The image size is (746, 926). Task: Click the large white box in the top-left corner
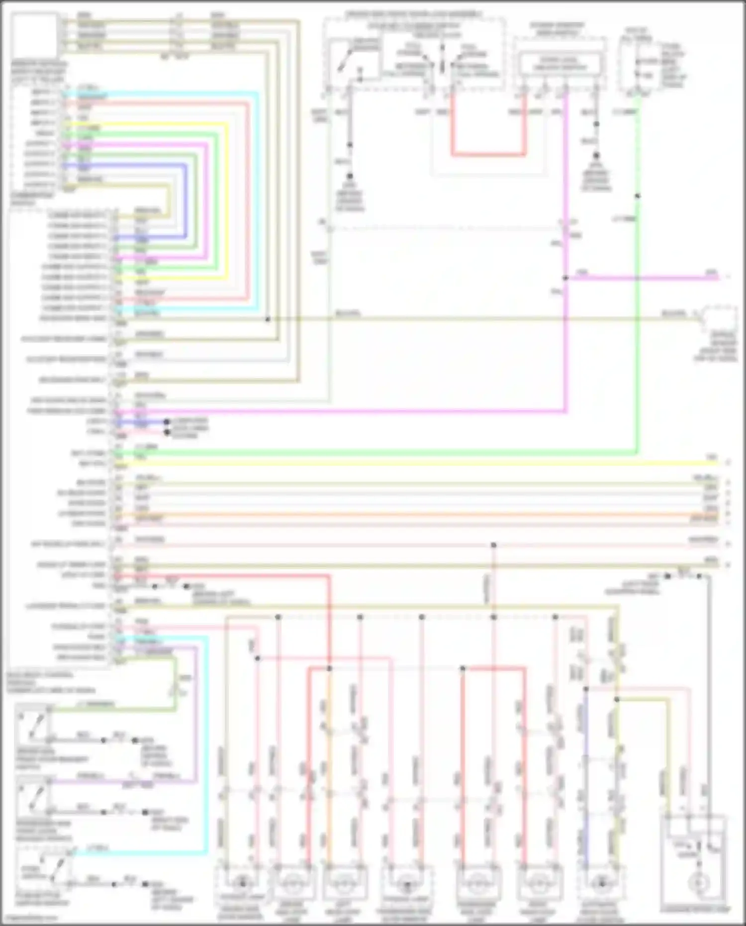(35, 36)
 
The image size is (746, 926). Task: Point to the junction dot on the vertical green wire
(637, 196)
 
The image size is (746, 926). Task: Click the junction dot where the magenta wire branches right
(566, 278)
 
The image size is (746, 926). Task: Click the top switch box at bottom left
(33, 724)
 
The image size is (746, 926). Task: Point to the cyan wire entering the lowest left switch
(139, 853)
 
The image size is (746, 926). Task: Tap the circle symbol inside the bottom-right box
(699, 883)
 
